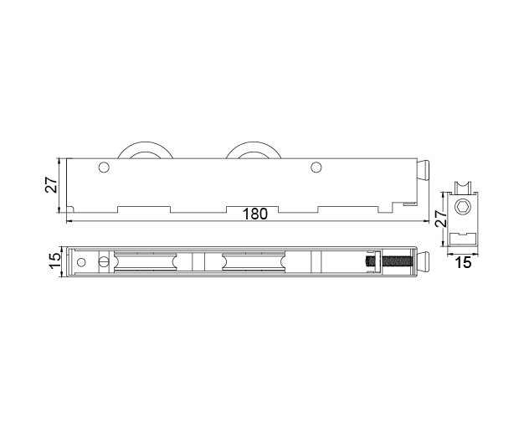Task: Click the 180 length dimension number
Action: pos(255,214)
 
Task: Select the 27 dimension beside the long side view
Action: pos(51,184)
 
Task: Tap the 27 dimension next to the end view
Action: pos(441,219)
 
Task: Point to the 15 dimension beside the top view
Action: pos(55,261)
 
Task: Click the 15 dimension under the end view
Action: pos(463,263)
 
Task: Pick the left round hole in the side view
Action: pos(104,168)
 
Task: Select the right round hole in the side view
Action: pos(316,168)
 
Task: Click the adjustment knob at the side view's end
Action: pos(424,171)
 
